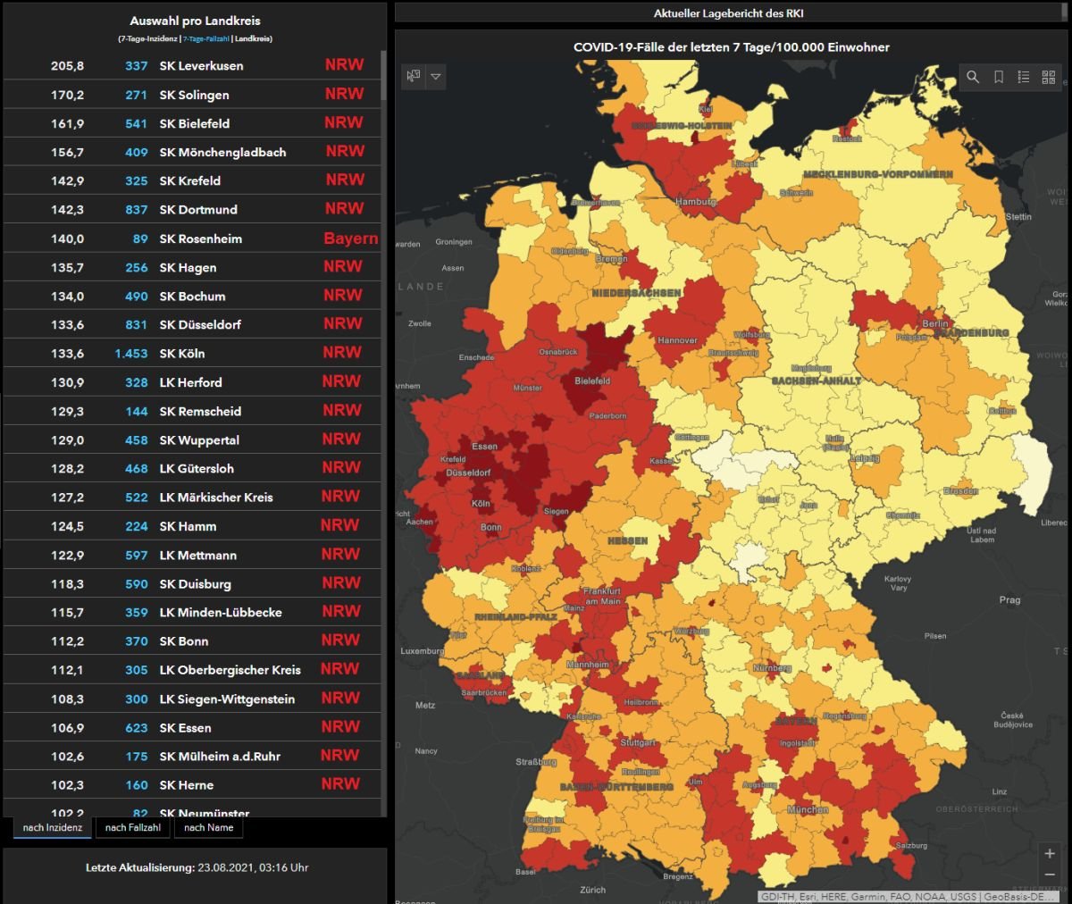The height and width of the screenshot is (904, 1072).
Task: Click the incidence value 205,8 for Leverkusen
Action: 67,66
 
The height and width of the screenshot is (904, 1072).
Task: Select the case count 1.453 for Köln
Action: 130,354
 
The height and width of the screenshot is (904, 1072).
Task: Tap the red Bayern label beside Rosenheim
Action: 350,239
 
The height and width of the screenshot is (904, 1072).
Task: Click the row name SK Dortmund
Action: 198,210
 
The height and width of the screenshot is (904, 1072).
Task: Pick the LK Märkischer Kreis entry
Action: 216,498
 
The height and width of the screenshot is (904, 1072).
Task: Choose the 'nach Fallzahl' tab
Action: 133,828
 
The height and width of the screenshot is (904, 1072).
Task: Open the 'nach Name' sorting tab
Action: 208,828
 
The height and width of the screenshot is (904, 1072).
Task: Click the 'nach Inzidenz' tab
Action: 52,828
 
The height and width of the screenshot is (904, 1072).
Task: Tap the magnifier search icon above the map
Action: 973,78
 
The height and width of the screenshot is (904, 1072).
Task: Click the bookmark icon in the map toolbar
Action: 999,78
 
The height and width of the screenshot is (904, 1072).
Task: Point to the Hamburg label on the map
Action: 695,202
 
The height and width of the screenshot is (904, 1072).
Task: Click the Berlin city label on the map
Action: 935,323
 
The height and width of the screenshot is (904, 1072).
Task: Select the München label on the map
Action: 808,809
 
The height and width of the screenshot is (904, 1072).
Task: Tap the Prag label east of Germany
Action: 1009,600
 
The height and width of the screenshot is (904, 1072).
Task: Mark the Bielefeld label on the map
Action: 592,381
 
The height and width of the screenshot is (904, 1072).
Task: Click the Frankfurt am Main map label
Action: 602,596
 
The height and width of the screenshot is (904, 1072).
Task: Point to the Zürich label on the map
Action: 592,890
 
